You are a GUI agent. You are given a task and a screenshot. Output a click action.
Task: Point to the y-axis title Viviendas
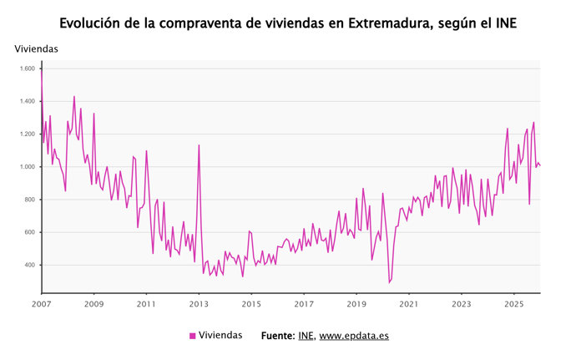[37, 49]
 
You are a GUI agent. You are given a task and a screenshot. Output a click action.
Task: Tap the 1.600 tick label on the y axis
[27, 68]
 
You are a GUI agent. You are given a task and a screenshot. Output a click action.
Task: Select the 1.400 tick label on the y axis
[27, 101]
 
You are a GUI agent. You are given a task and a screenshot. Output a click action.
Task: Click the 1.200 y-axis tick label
[27, 134]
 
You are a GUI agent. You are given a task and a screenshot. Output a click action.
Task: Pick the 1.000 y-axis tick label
[27, 167]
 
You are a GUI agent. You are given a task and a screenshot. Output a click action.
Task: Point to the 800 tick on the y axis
[29, 200]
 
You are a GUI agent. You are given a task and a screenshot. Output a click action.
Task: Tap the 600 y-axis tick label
[29, 232]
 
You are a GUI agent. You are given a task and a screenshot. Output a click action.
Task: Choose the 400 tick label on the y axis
[29, 265]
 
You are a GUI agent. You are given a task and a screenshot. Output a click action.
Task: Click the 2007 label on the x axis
[42, 304]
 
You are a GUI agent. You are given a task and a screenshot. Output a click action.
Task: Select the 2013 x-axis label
[199, 304]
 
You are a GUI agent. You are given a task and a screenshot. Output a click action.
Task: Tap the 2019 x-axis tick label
[356, 304]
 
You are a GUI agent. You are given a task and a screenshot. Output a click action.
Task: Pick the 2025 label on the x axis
[514, 304]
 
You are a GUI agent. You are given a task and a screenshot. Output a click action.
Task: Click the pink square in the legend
[193, 336]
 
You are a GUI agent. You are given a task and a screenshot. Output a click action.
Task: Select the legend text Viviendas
[220, 335]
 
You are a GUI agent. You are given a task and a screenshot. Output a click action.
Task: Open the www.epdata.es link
[354, 336]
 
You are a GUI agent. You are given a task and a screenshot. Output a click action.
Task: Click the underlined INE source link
[306, 336]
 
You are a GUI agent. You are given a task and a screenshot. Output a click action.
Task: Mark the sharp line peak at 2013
[199, 145]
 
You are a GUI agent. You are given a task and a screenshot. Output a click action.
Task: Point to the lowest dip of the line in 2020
[389, 282]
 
